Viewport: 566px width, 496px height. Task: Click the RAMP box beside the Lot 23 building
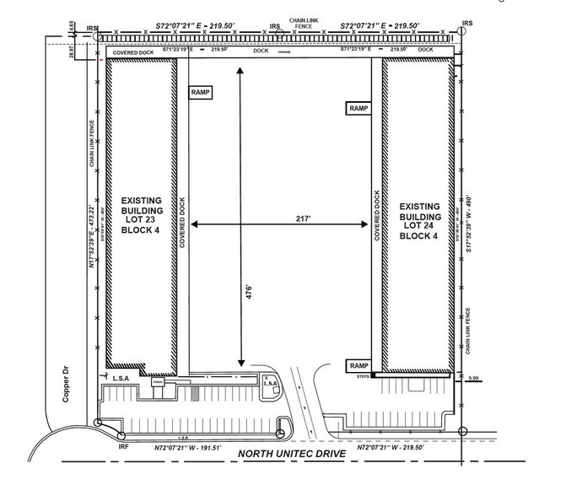pos(201,93)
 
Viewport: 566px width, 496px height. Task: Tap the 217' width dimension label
pos(278,218)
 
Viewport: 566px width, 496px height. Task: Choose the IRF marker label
pos(123,446)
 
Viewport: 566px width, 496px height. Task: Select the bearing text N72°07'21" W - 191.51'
pos(179,448)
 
